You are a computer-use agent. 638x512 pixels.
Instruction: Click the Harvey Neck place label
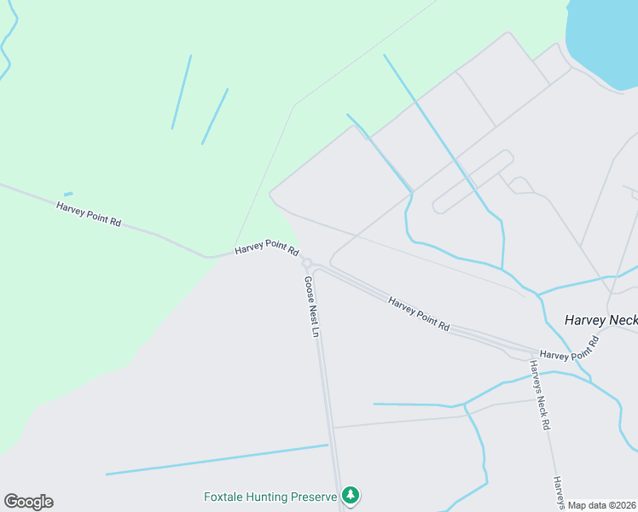[x=600, y=320]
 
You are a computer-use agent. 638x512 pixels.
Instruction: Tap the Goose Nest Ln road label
[x=311, y=305]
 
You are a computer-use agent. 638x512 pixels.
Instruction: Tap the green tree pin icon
[x=350, y=494]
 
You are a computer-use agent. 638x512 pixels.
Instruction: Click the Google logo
[x=28, y=502]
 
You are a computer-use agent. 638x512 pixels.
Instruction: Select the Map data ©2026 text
[x=602, y=505]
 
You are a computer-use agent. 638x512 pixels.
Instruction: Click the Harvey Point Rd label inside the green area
[x=89, y=213]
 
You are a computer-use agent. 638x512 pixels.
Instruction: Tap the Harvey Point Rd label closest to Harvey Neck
[x=570, y=348]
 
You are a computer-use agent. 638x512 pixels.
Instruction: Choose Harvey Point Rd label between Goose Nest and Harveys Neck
[x=419, y=313]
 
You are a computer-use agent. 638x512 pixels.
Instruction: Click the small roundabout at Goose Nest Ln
[x=307, y=263]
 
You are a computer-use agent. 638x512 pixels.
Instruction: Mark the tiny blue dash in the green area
[x=68, y=194]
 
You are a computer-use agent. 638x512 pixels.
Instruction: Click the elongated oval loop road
[x=473, y=181]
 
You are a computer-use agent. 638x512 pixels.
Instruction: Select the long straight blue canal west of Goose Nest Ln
[x=217, y=459]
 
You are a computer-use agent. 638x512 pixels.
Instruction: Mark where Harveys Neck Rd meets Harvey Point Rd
[x=530, y=350]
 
